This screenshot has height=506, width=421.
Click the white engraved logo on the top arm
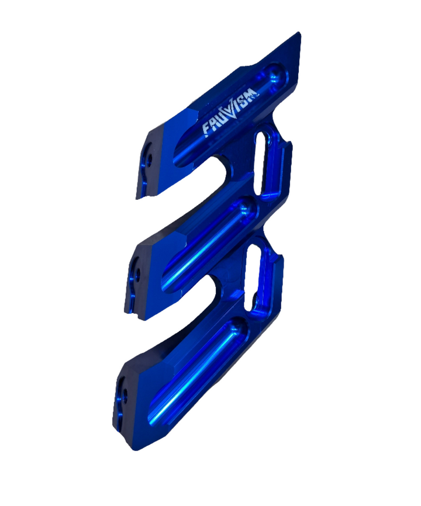click(x=230, y=112)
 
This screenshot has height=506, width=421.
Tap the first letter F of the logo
click(x=206, y=130)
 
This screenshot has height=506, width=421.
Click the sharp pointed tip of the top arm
click(x=299, y=33)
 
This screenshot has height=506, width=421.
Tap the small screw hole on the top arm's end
click(x=149, y=159)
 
